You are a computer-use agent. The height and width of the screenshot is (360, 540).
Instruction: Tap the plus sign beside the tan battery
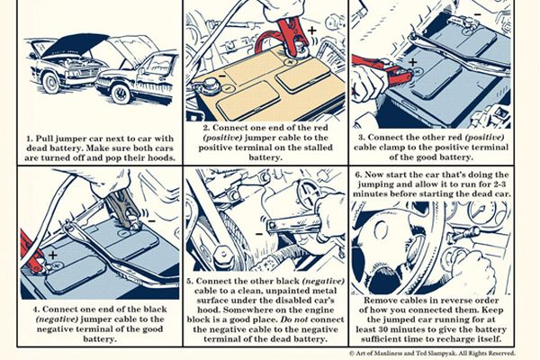click(311, 31)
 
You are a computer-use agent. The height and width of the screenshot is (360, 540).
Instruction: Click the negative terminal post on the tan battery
click(209, 85)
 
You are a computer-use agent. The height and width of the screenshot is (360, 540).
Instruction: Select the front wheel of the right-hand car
click(121, 93)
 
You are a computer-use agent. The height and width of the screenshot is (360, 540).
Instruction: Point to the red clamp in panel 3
click(383, 69)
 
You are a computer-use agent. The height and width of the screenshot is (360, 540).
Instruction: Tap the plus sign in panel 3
click(412, 62)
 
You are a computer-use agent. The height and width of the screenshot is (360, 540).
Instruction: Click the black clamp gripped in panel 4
click(122, 208)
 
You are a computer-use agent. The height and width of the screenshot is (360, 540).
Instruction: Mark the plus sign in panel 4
click(53, 256)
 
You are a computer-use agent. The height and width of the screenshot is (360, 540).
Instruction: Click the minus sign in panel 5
click(259, 235)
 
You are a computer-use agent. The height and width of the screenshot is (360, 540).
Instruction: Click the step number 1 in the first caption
click(30, 139)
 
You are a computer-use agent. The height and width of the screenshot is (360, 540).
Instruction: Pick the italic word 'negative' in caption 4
click(57, 319)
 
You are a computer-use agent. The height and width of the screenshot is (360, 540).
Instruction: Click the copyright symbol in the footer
click(352, 353)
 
